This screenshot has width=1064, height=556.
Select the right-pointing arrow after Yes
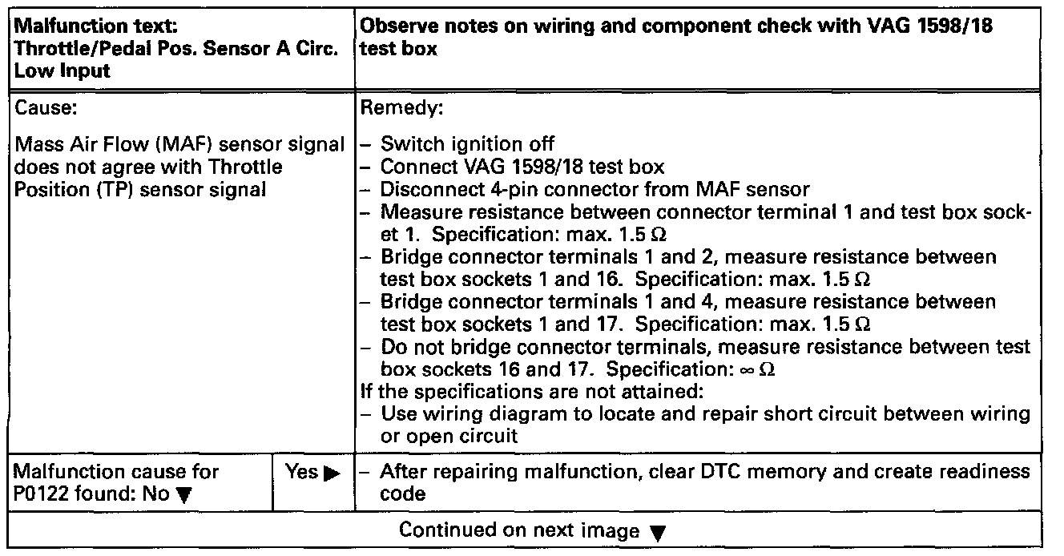(x=328, y=473)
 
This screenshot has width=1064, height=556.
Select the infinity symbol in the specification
(x=767, y=371)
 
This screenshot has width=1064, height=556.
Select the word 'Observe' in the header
(x=397, y=26)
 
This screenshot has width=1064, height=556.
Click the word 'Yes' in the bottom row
(x=300, y=473)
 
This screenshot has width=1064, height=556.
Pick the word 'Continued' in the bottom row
(x=444, y=531)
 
